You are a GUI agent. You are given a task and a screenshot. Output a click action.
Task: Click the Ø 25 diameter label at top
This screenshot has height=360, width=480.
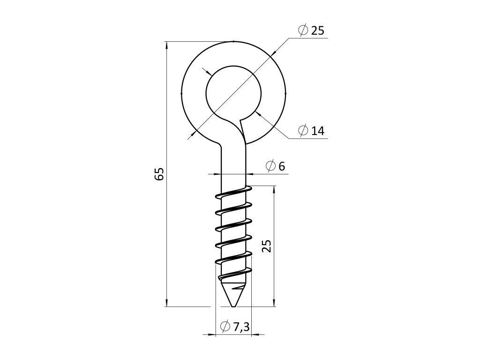coord(311,30)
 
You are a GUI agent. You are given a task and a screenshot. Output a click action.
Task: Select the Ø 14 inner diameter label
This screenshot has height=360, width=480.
coord(311,131)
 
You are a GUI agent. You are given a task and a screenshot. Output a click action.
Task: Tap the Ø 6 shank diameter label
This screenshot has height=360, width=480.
coord(275,166)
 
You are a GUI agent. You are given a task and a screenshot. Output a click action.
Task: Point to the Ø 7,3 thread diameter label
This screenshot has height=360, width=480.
coord(235,327)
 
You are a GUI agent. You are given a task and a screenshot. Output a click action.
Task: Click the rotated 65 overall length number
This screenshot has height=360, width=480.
coord(159,174)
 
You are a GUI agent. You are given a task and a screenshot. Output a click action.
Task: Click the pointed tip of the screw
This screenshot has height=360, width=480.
coord(233,307)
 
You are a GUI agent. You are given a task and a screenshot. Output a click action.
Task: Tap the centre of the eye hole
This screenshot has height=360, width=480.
coord(233,93)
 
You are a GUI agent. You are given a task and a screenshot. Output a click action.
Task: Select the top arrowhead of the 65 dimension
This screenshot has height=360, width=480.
coord(166,45)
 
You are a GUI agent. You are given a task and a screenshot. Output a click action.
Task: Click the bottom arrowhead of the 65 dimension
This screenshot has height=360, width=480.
coord(166,303)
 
